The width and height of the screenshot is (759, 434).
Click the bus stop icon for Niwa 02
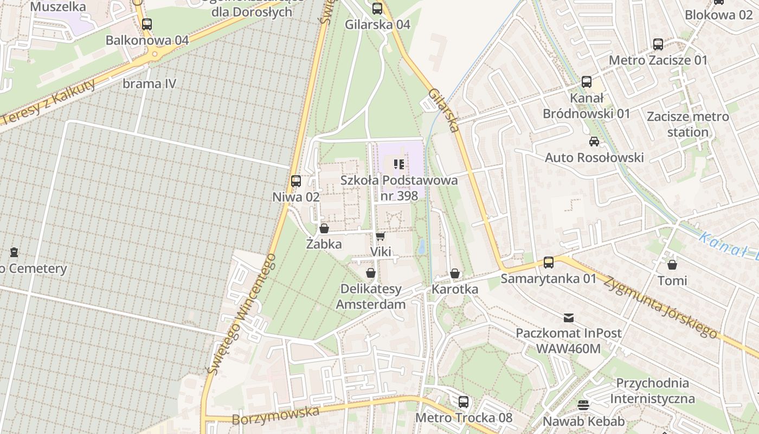tap(296, 181)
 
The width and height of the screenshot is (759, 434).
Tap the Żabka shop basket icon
tap(324, 228)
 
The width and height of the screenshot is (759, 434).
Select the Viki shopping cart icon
tap(380, 236)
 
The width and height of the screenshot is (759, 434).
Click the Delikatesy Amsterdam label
tap(371, 296)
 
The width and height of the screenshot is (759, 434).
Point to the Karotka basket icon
tap(455, 273)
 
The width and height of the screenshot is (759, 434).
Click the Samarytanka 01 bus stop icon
tap(549, 263)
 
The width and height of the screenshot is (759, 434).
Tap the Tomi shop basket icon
tap(672, 265)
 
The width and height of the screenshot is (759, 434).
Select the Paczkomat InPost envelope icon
tap(568, 317)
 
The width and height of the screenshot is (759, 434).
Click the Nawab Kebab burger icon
tap(583, 405)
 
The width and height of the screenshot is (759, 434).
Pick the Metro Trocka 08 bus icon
tap(464, 402)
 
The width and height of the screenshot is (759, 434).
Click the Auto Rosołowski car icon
tap(594, 142)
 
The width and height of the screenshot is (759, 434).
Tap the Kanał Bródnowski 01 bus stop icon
tap(587, 82)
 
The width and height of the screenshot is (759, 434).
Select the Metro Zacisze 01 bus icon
tap(658, 44)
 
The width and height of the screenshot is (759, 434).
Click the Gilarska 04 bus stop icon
tap(377, 9)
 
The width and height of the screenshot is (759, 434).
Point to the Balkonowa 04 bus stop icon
tap(147, 24)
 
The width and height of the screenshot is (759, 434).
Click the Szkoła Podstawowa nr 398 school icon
tap(400, 164)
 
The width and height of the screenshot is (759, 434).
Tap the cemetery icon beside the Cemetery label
tap(14, 252)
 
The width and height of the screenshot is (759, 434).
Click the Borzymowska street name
tap(275, 415)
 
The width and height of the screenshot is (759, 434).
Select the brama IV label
tap(149, 84)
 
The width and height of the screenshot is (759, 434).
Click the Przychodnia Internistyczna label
tap(652, 391)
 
